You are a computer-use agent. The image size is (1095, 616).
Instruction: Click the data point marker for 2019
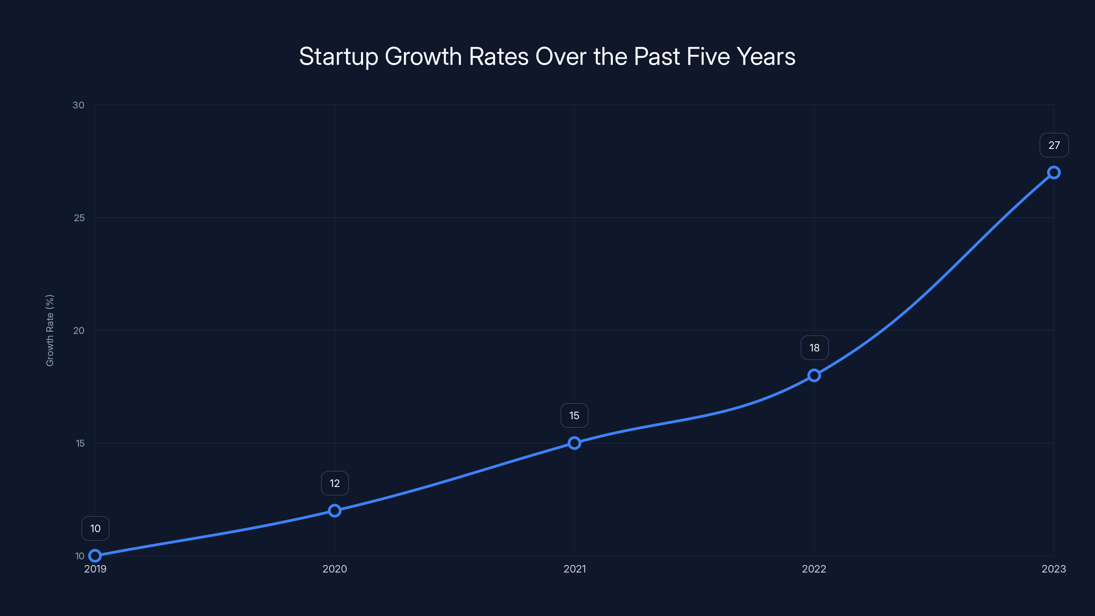[x=95, y=556]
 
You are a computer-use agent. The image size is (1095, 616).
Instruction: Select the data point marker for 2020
[x=335, y=511]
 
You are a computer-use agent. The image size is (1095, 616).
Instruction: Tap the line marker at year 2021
[x=574, y=443]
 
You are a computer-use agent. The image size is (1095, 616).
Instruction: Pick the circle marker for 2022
[x=814, y=375]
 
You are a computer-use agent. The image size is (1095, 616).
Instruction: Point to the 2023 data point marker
[x=1054, y=172]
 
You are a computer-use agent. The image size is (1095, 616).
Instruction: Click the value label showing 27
[x=1054, y=145]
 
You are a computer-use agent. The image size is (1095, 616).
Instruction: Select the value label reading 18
[x=814, y=348]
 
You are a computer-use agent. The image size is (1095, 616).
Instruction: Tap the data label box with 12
[x=335, y=483]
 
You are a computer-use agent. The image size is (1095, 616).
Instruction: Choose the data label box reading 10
[x=95, y=528]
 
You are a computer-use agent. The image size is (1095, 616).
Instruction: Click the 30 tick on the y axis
[x=79, y=105]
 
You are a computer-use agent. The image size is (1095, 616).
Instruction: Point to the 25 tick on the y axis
[x=79, y=218]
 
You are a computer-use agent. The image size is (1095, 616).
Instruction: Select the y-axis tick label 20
[x=79, y=330]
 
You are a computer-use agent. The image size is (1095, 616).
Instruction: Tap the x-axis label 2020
[x=335, y=569]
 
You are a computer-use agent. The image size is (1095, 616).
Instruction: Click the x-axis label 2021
[x=574, y=569]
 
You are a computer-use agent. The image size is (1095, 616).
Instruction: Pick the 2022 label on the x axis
[x=814, y=569]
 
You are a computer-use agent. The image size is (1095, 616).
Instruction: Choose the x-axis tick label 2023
[x=1054, y=569]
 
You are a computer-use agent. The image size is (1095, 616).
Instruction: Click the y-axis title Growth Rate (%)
[x=50, y=330]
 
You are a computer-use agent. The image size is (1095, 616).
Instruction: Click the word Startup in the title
[x=338, y=57]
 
